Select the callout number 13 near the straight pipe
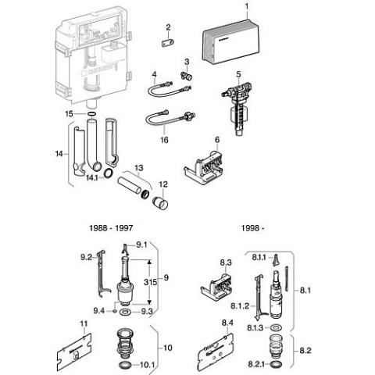[138, 168]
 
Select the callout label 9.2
[87, 255]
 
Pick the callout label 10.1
[146, 365]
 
